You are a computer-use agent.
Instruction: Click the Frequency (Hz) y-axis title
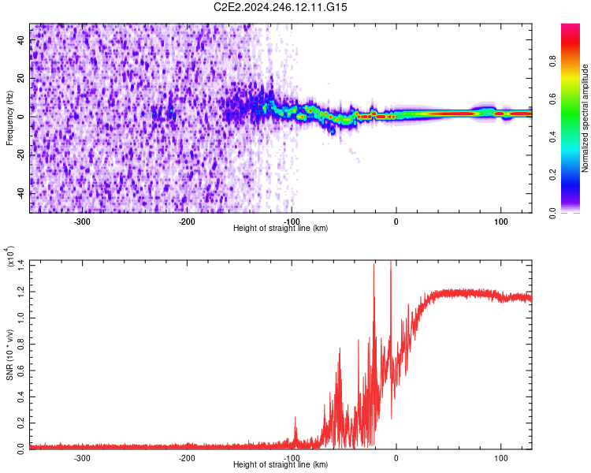(x=9, y=117)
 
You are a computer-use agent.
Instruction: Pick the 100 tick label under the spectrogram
(x=500, y=221)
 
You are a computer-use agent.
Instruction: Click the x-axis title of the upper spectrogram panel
(x=281, y=229)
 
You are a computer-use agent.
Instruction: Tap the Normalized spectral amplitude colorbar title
(x=585, y=117)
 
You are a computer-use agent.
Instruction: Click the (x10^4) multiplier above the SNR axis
(x=11, y=258)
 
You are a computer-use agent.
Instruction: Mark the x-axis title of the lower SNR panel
(x=281, y=465)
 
